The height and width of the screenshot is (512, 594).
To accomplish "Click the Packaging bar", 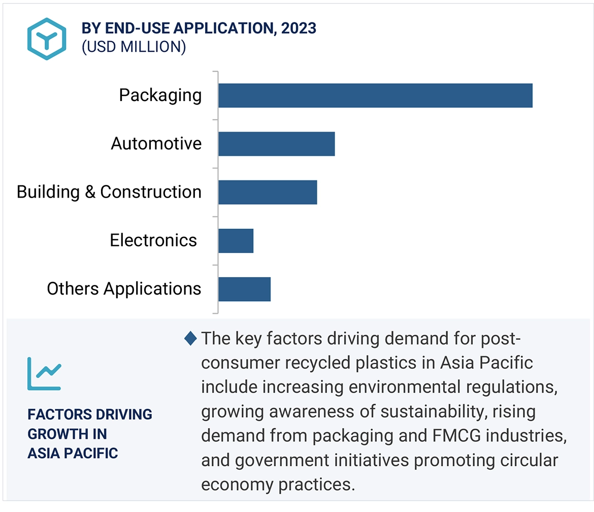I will click(375, 95).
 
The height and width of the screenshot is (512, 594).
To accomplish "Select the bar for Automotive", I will click(276, 144).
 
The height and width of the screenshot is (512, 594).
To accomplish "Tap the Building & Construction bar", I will click(268, 192).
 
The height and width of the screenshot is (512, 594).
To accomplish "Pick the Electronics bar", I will click(236, 240).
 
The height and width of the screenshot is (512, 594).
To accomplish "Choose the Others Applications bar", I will click(244, 289).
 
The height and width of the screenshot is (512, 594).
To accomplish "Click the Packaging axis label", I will click(160, 95).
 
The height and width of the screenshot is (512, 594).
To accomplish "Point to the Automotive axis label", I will click(156, 144).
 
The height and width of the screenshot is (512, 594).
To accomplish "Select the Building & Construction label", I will click(109, 192).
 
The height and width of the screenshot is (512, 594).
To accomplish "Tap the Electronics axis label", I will click(153, 240).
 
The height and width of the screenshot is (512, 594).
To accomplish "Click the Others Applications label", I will click(124, 289).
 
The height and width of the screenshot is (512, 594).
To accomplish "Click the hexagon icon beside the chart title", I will click(47, 39).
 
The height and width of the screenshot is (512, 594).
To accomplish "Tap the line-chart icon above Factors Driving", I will click(44, 374).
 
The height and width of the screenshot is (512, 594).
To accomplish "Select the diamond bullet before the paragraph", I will click(191, 338).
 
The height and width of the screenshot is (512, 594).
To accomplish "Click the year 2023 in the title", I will click(299, 28).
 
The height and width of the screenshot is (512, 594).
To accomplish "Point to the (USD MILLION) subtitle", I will click(134, 47).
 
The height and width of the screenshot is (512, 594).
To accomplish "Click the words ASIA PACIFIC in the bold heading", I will click(73, 453).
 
